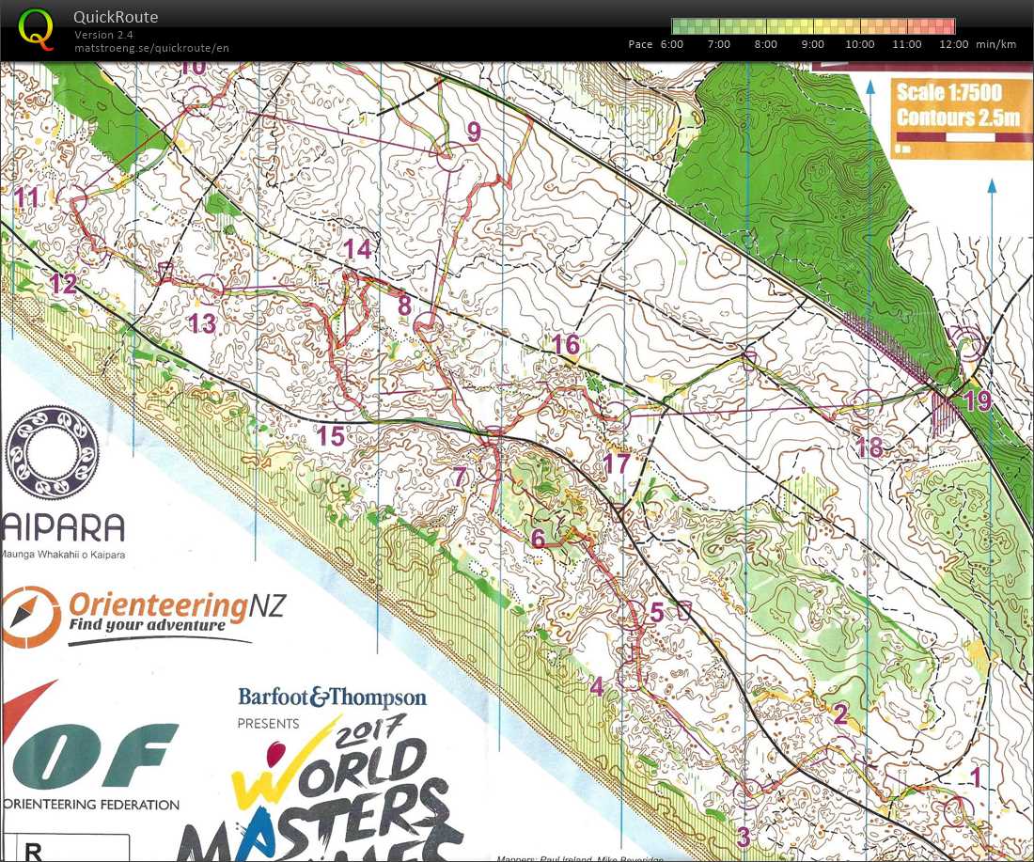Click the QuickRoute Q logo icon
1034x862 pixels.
tap(37, 27)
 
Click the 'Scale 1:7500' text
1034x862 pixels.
tap(948, 93)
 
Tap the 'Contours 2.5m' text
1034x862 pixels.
tap(958, 118)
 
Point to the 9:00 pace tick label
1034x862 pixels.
tap(812, 44)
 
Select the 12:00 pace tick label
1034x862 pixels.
tap(953, 44)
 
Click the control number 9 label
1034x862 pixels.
tap(473, 133)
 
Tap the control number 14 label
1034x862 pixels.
tap(357, 249)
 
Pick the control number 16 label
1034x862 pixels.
tap(566, 345)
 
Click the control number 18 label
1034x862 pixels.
tap(869, 447)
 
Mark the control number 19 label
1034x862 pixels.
tap(977, 401)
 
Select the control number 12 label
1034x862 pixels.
tap(63, 284)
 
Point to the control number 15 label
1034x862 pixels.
tap(330, 436)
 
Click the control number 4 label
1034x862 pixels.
tap(596, 687)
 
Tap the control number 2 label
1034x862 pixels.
tap(840, 713)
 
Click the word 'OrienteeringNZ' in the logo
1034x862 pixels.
tap(175, 603)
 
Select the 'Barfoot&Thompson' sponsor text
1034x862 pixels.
tap(332, 697)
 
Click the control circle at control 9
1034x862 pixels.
tap(449, 157)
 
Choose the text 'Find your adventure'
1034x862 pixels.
tap(147, 625)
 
